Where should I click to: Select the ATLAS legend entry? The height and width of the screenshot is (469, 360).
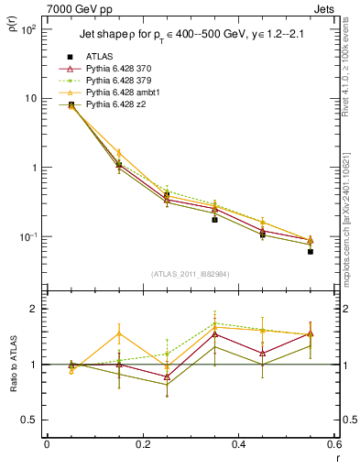coord(99,56)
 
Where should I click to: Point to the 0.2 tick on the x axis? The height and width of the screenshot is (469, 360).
coord(142,444)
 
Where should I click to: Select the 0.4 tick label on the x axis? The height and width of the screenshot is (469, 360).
coord(238,444)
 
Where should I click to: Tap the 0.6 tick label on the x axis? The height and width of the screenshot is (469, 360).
coord(333,444)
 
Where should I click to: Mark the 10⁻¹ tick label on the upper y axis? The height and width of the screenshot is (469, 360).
coord(29,237)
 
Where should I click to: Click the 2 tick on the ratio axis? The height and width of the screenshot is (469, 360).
coord(35,309)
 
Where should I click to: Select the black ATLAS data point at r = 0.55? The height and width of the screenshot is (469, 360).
coord(311,251)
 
